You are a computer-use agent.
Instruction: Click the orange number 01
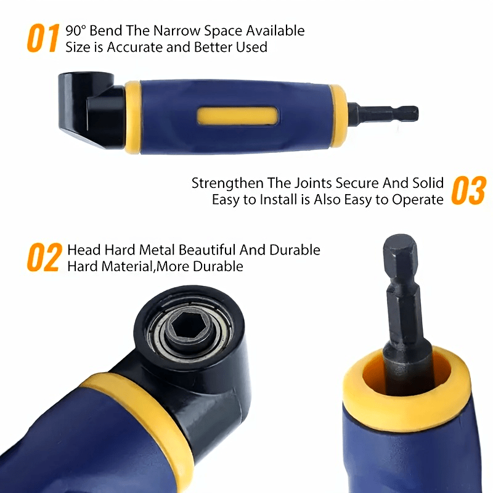43,38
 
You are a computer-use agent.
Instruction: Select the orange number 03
469,190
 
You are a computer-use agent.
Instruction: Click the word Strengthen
227,183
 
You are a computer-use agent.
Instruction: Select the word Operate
418,200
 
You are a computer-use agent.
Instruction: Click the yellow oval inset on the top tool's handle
238,115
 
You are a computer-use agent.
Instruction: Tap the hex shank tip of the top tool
409,114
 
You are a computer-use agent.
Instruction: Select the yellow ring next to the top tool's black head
133,117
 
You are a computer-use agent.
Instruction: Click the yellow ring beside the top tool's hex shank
338,116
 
